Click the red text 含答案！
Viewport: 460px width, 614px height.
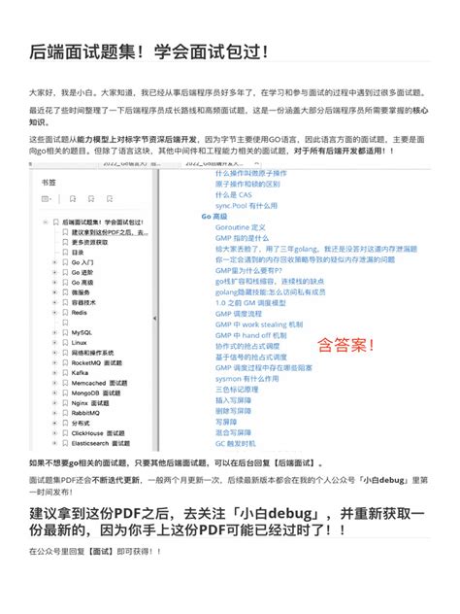pos(347,344)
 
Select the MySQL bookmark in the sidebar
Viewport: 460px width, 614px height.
pos(82,332)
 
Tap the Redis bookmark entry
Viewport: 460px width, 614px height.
pos(80,312)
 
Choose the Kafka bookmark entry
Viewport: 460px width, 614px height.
pos(80,372)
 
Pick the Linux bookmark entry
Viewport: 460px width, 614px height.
pos(79,342)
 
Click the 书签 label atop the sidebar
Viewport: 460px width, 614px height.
pos(49,182)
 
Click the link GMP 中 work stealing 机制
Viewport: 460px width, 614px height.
pos(259,324)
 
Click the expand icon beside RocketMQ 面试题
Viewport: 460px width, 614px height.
pos(54,362)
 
